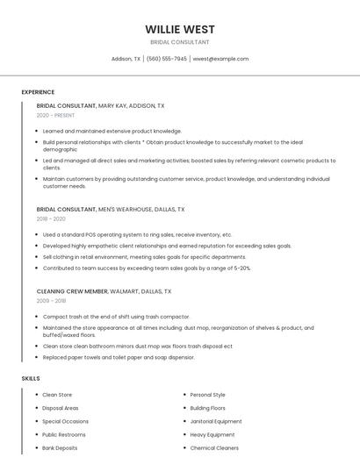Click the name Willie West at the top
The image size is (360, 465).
[x=179, y=29]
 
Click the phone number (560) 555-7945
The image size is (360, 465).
[x=166, y=59]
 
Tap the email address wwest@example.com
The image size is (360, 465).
[x=220, y=59]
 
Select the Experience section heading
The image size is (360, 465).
[x=38, y=92]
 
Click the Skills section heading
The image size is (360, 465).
[x=31, y=378]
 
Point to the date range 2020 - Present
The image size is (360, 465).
[x=56, y=115]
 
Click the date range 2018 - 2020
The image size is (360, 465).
[x=51, y=219]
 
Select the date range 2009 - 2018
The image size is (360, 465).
[x=51, y=300]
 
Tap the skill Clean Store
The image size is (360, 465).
[x=57, y=395]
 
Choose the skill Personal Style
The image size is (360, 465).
[x=207, y=395]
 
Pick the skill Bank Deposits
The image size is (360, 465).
[x=60, y=447]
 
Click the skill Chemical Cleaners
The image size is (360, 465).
[x=214, y=447]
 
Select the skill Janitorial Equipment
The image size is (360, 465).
[x=216, y=421]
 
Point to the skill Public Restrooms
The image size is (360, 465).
[x=64, y=434]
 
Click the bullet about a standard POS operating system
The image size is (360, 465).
[x=137, y=234]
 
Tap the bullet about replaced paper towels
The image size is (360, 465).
[x=119, y=357]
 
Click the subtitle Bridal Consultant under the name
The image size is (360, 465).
[x=179, y=42]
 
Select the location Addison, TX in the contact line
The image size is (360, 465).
[x=126, y=59]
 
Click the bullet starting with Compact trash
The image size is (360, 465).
[x=116, y=316]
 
